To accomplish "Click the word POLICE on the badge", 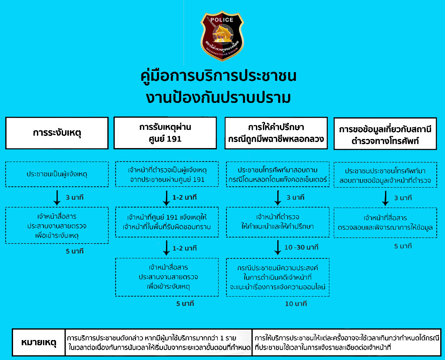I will (x=222, y=20).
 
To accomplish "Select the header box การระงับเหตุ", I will (x=57, y=133).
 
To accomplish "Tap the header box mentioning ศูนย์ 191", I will (x=165, y=133).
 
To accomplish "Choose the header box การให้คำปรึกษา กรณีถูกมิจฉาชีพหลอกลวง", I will (x=276, y=133).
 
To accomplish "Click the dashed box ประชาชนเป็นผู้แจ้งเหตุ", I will (x=57, y=174).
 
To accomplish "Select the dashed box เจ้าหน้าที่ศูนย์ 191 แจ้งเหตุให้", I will (x=167, y=222).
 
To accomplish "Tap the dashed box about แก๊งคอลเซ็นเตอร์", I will (x=278, y=174).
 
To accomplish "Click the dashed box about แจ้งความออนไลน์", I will (x=278, y=277).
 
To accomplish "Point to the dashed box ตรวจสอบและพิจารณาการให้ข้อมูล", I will (x=385, y=222).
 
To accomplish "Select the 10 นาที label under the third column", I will (x=296, y=304).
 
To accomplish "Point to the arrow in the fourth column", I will (x=385, y=198).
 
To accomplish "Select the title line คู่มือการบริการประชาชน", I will (x=219, y=76).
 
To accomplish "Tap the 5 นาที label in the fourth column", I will (x=402, y=246).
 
